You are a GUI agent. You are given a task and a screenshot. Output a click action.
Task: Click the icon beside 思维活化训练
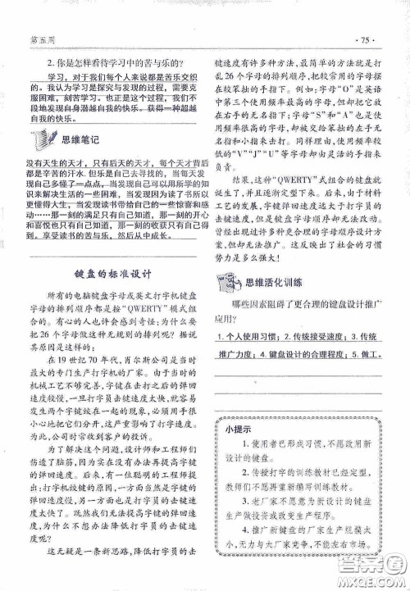(x=227, y=281)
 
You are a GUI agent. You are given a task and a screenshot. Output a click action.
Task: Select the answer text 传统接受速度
(x=315, y=339)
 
